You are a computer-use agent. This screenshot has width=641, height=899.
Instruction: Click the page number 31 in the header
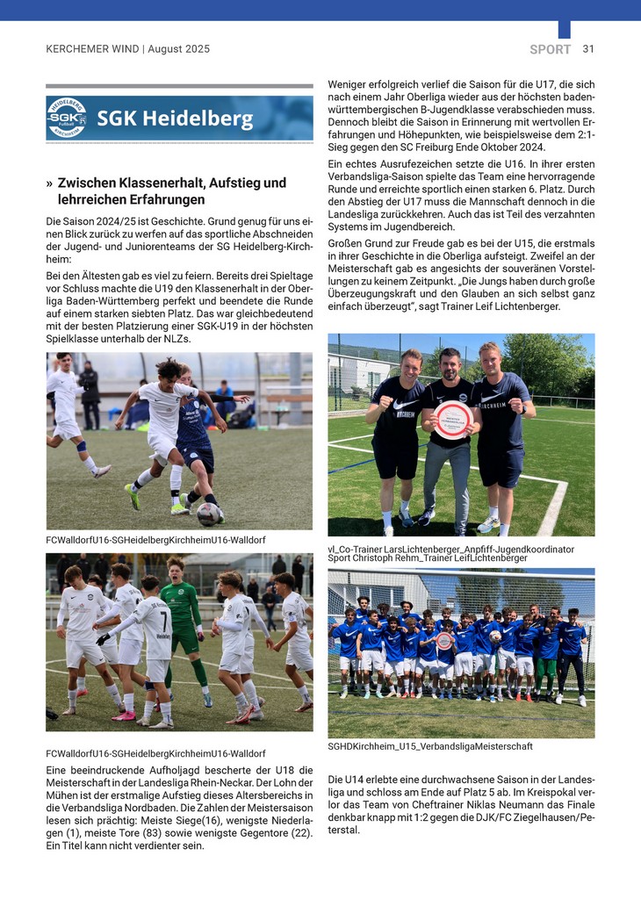tap(588, 49)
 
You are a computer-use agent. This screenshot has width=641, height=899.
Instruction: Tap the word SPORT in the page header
tap(551, 49)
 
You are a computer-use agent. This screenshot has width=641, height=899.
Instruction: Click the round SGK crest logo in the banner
tap(67, 119)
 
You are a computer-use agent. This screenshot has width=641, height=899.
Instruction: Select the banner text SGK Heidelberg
tap(175, 119)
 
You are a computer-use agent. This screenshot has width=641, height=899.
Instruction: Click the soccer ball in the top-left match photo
tap(208, 514)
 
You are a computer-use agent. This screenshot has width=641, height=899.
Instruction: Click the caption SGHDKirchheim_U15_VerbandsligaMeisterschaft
tap(430, 746)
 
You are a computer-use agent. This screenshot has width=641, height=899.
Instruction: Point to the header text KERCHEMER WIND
tap(92, 49)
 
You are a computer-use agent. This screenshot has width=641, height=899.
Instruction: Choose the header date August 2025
tap(179, 49)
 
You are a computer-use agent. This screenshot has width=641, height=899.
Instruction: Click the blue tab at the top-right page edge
tap(564, 30)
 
